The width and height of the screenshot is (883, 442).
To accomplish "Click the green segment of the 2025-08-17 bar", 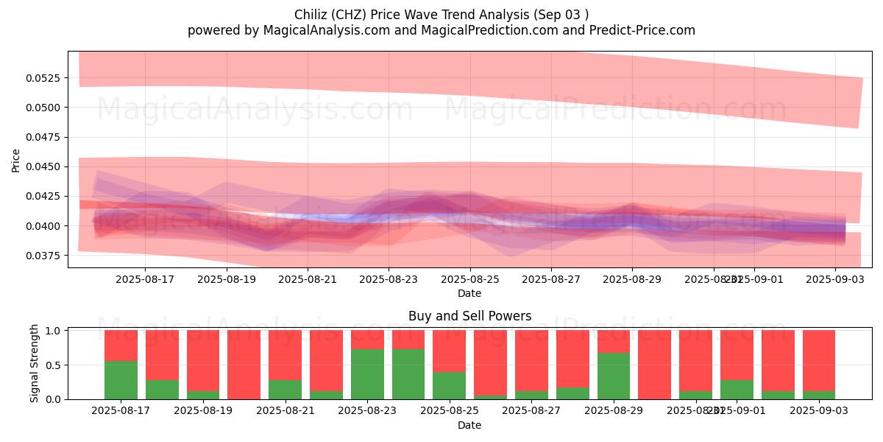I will tap(121, 380).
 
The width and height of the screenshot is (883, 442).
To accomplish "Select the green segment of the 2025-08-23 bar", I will tap(367, 374).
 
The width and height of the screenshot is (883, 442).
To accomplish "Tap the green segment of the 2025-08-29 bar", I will tap(614, 376).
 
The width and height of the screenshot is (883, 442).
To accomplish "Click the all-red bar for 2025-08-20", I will tap(244, 365).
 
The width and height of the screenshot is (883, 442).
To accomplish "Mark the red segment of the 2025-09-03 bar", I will tap(819, 359).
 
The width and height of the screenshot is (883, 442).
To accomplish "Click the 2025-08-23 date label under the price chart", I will tap(389, 280).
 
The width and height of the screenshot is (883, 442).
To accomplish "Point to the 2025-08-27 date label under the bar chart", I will tap(531, 411).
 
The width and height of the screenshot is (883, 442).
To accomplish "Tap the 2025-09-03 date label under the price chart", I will tap(835, 280).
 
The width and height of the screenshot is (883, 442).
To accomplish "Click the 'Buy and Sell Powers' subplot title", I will tap(469, 316).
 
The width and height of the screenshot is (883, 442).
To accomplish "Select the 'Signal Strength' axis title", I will tap(35, 363).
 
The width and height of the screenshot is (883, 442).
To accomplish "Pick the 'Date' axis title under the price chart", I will tap(469, 293).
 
